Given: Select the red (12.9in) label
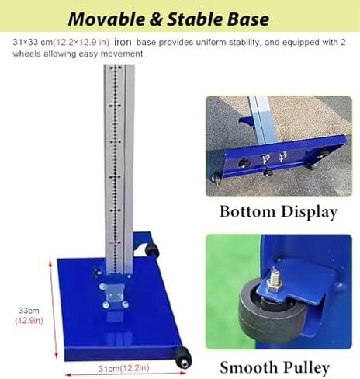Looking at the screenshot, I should (x=29, y=320).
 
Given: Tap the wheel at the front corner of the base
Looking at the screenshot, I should (x=184, y=357).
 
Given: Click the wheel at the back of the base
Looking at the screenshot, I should (x=151, y=250).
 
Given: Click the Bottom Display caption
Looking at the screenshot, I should (x=278, y=212).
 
